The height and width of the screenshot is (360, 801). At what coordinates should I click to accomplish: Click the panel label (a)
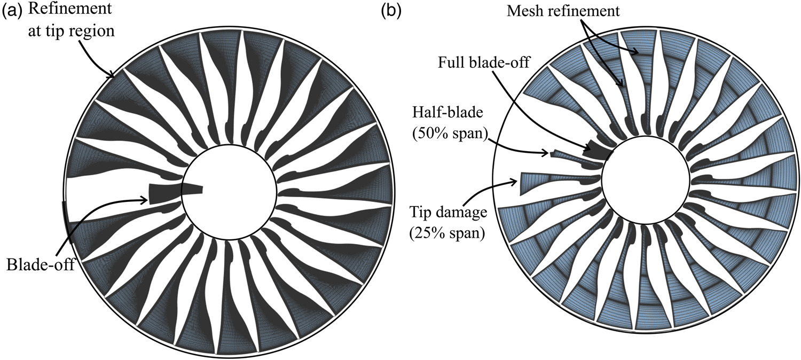pos(12,11)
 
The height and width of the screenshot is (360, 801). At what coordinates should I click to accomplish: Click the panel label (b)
pos(391,11)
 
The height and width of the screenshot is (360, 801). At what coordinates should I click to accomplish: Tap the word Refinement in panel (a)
pos(70,9)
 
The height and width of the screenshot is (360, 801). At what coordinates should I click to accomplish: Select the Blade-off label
pos(41,265)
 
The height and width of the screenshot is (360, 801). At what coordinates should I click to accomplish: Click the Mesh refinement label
pos(563,11)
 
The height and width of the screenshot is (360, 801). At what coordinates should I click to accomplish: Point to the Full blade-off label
pos(484,62)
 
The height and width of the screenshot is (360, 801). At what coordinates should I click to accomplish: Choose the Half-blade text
pos(447,113)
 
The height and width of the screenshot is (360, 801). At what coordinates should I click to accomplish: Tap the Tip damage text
pos(448,213)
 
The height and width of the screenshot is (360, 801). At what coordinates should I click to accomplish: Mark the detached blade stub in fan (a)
pos(176,193)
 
